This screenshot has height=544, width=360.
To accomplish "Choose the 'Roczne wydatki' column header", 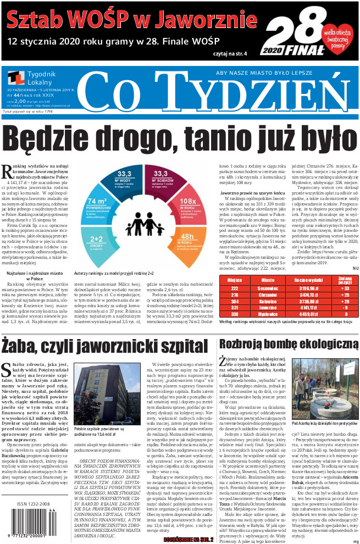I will [298, 279].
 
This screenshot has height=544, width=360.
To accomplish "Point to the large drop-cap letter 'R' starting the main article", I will [7, 170].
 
